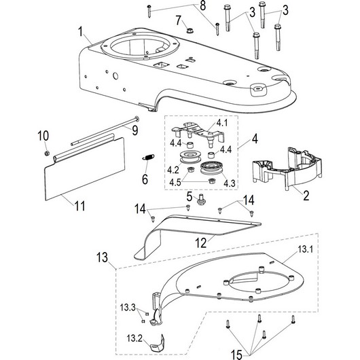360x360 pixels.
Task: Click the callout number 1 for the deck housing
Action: (x=80, y=31)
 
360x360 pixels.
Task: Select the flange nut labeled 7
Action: (x=190, y=31)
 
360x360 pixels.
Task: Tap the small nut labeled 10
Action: (x=47, y=153)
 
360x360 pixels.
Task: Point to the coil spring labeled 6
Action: (x=148, y=157)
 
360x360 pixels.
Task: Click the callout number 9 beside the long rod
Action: (x=134, y=130)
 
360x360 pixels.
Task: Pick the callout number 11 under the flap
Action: (x=79, y=206)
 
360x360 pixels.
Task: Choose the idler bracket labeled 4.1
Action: (x=198, y=133)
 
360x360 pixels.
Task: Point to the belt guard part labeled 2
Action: (x=287, y=168)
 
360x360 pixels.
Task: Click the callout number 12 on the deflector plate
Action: (x=200, y=243)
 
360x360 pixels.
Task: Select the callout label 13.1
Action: (x=306, y=249)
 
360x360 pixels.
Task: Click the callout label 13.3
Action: (x=128, y=308)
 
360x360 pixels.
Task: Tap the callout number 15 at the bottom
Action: (x=236, y=355)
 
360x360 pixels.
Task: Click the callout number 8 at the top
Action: (x=202, y=5)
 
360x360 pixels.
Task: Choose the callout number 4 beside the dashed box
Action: (x=255, y=139)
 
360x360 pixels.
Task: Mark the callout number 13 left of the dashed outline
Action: (x=102, y=257)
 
